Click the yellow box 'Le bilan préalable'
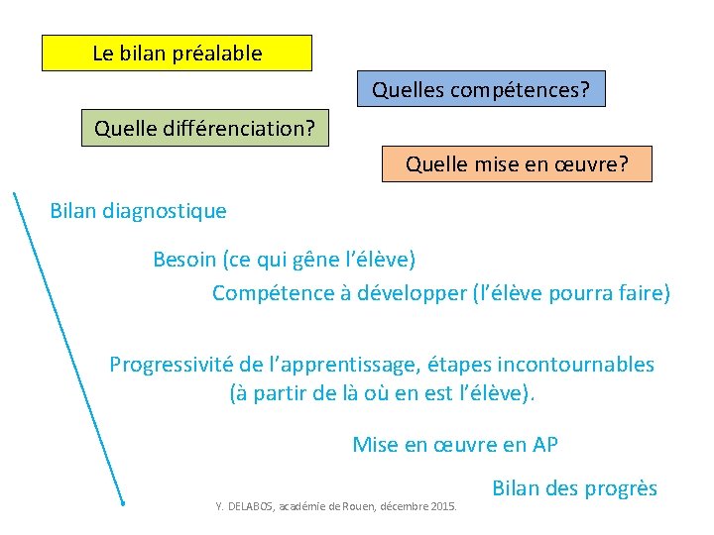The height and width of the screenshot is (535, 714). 177,53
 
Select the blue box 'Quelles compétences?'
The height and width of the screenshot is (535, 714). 480,90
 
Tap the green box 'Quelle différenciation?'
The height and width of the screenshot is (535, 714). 204,129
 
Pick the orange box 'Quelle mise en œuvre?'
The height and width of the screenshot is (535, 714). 517,163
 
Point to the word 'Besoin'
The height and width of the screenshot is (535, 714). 185,260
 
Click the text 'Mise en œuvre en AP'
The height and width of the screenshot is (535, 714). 455,445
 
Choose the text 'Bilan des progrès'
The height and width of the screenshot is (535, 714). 574,488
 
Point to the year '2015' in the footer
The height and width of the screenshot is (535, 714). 444,507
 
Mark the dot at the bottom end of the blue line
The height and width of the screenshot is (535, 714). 122,503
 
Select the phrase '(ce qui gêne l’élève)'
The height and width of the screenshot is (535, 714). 319,260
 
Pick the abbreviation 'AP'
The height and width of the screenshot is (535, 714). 544,445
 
